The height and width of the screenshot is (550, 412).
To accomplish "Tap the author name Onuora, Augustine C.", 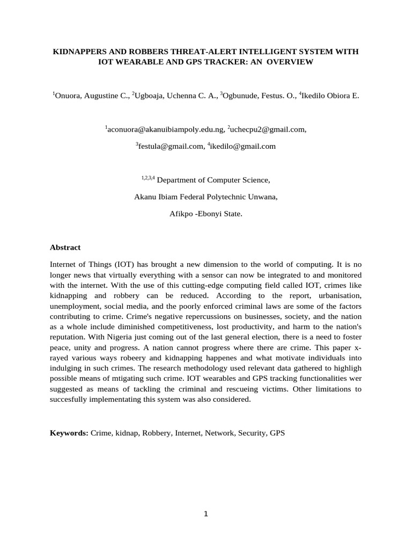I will coord(92,96).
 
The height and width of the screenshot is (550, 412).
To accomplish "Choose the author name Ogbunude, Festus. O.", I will coord(259,96).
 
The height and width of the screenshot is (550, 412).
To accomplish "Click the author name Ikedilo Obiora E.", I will coord(330,96).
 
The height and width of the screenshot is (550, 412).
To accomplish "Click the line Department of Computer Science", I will coord(214,180).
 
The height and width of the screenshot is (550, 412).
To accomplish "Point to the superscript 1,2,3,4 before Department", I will coord(148,178).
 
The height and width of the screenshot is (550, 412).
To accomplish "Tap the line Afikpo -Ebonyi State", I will coord(206,213).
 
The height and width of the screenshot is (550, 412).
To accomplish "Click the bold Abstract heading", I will coord(65,248).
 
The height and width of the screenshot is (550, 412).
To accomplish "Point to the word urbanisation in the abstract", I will coord(341,296).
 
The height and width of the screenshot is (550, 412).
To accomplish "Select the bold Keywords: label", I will coord(69,432).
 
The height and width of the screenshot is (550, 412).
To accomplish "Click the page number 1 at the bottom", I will coord(205,514).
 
